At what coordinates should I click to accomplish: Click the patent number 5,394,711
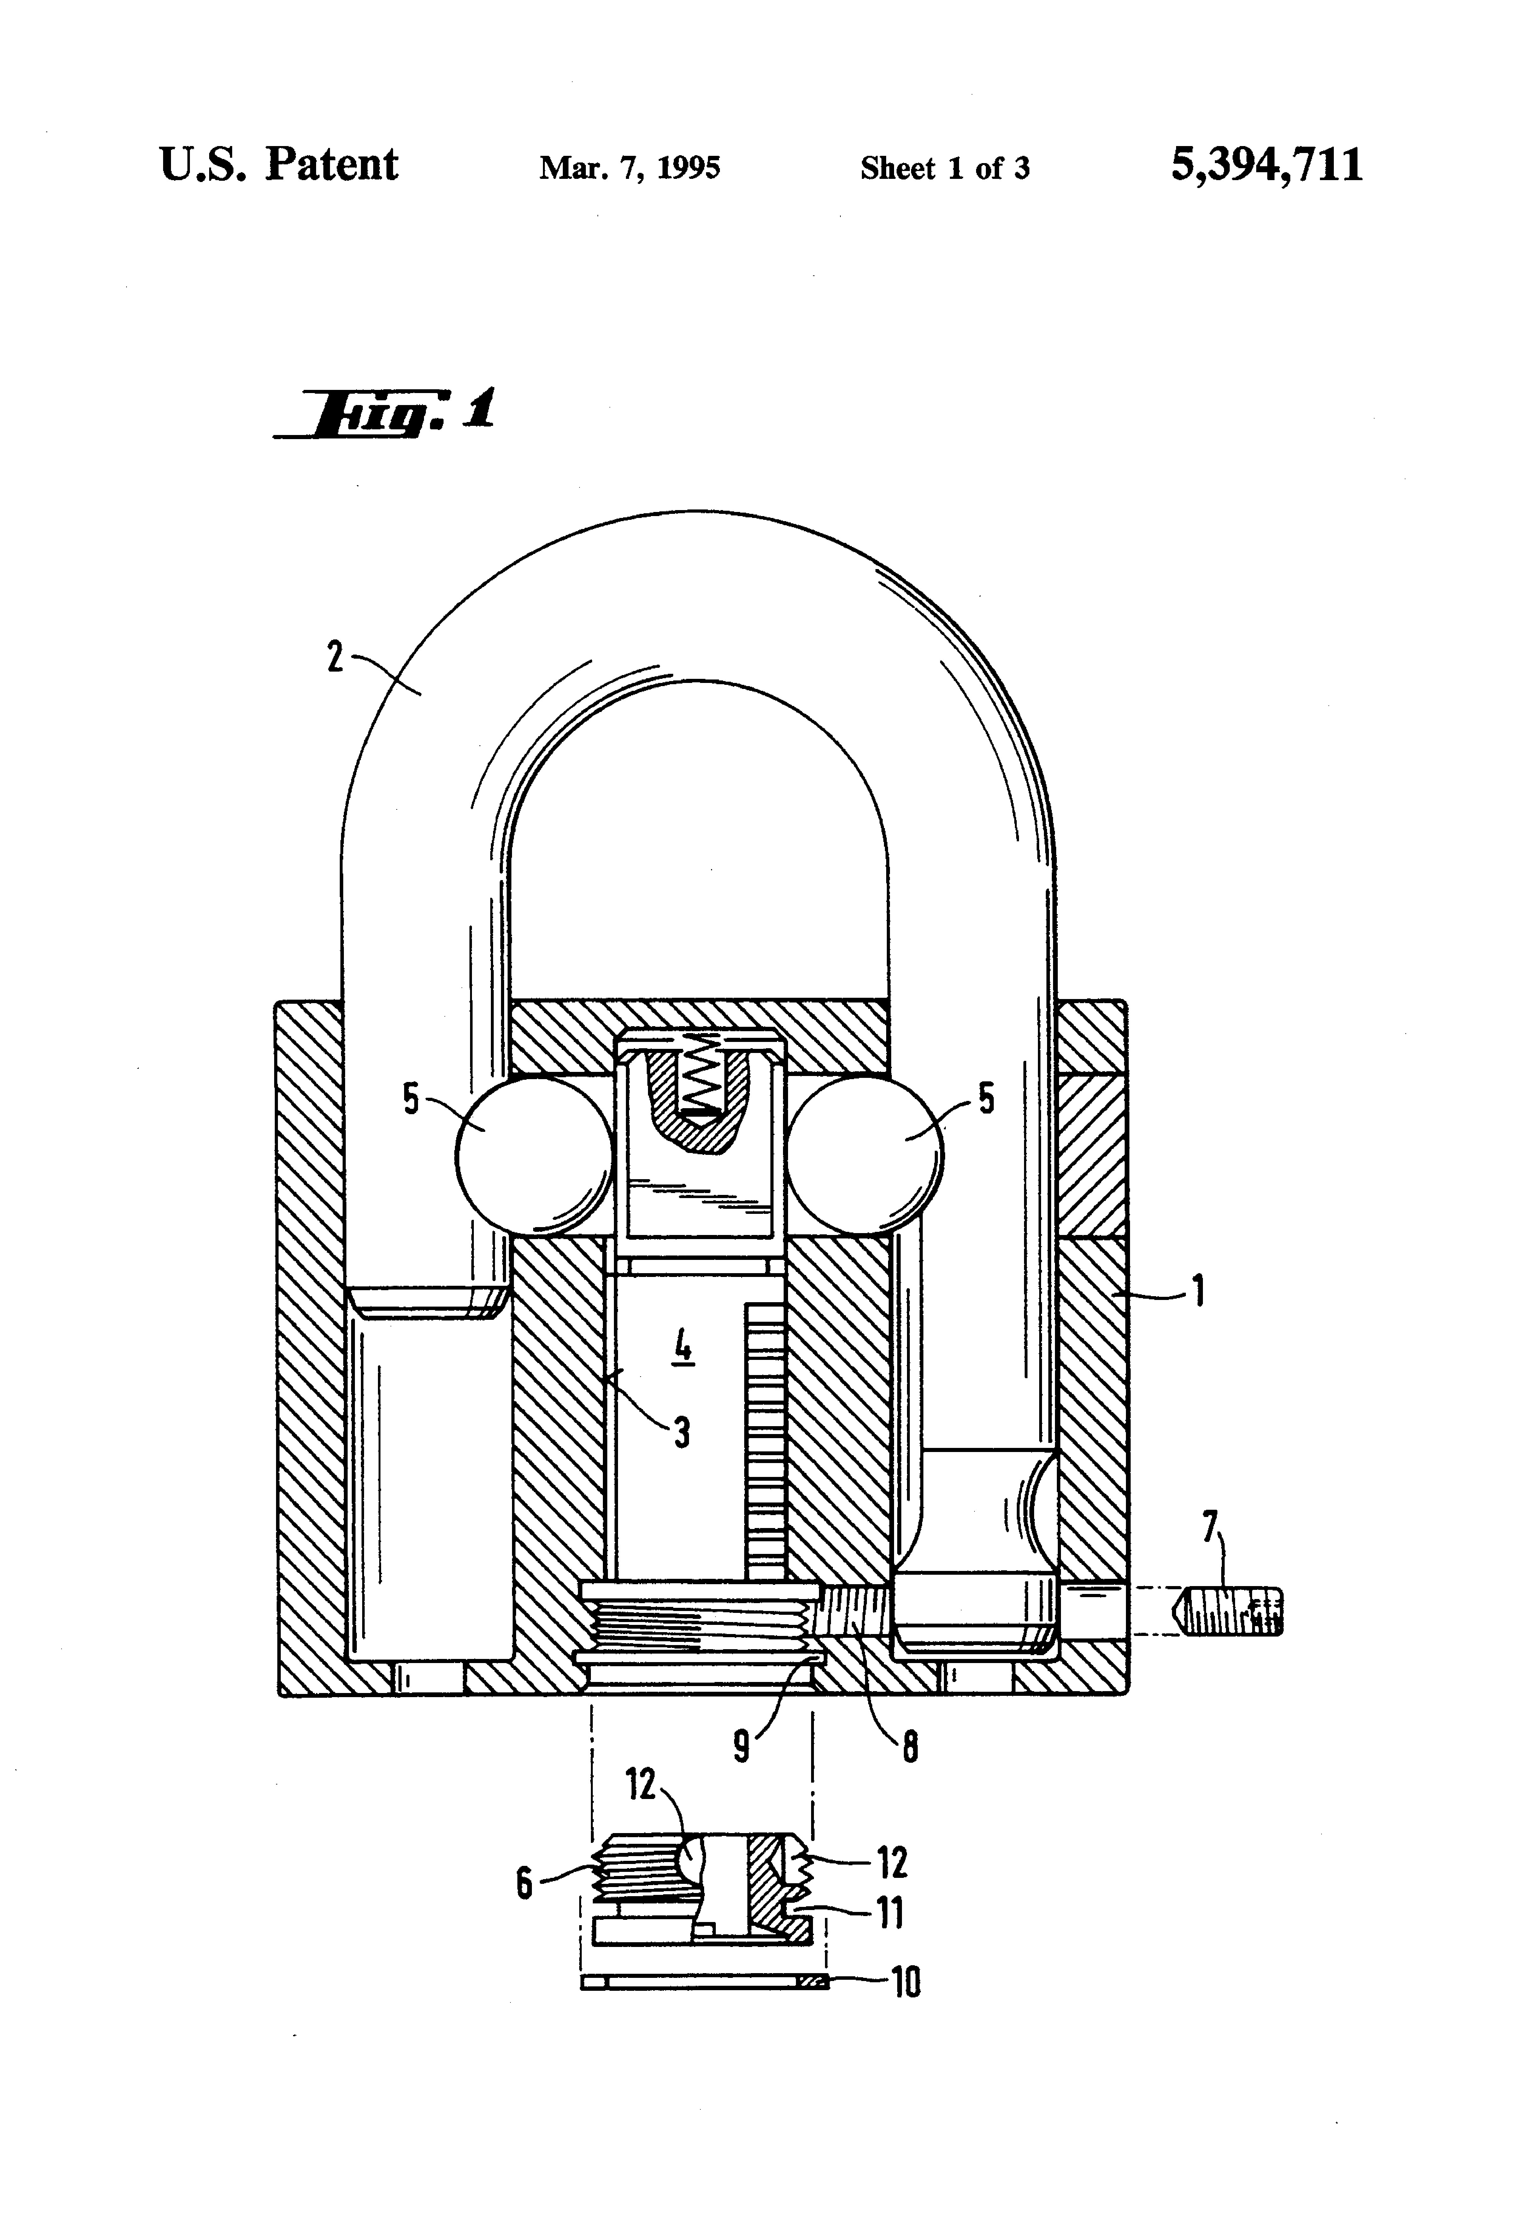pyautogui.click(x=1267, y=165)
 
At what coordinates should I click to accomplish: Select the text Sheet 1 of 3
pyautogui.click(x=945, y=169)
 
